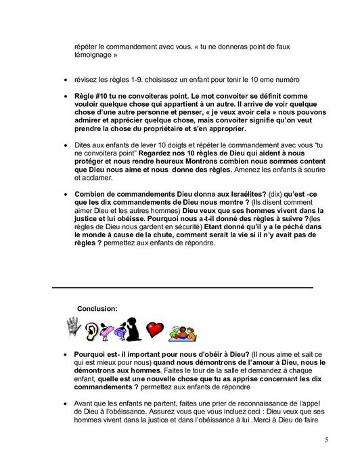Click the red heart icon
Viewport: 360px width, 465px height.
(x=156, y=331)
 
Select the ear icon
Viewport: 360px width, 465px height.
(x=92, y=331)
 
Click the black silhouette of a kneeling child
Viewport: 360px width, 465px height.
(x=133, y=329)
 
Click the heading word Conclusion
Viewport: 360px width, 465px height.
(x=97, y=308)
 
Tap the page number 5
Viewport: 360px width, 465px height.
(x=325, y=441)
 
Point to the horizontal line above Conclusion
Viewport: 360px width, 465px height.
(x=183, y=288)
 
